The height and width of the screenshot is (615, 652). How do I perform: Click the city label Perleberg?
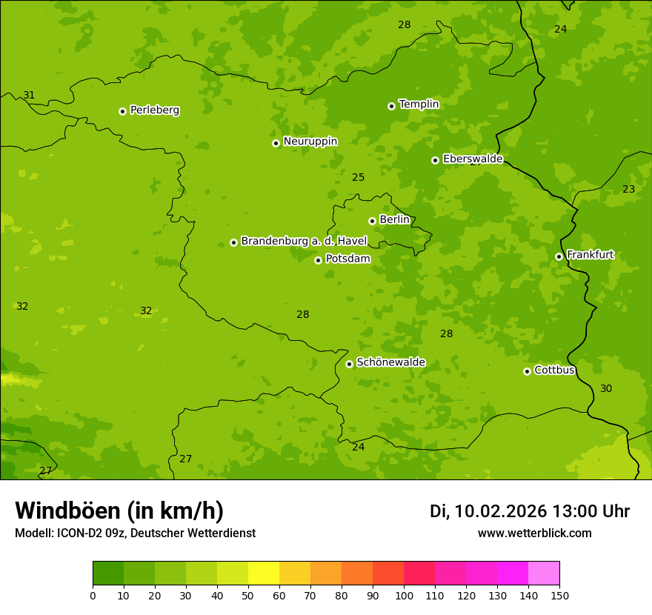154,110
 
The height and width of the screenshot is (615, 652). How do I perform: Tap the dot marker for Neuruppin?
276,143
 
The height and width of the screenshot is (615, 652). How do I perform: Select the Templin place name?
419,104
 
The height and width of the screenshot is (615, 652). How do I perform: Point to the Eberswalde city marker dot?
435,160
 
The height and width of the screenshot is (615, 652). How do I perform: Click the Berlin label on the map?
394,220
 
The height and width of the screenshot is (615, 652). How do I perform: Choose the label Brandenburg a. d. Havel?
304,242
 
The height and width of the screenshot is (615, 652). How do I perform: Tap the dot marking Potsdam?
318,260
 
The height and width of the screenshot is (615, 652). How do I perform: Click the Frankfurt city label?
590,255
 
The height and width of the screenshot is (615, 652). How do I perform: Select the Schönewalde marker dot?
349,364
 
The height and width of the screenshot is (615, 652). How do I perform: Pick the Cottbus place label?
554,370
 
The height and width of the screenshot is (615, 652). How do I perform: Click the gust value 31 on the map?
29,95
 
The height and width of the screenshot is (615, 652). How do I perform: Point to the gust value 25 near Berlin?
358,177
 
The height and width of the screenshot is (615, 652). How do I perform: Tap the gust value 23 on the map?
628,189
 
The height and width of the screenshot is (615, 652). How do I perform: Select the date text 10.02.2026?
501,511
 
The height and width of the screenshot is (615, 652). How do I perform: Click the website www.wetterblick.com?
534,533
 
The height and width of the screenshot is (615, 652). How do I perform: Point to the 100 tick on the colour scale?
404,595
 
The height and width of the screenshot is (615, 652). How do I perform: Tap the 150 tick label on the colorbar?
559,595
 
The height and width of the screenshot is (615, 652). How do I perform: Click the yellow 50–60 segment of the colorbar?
263,574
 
